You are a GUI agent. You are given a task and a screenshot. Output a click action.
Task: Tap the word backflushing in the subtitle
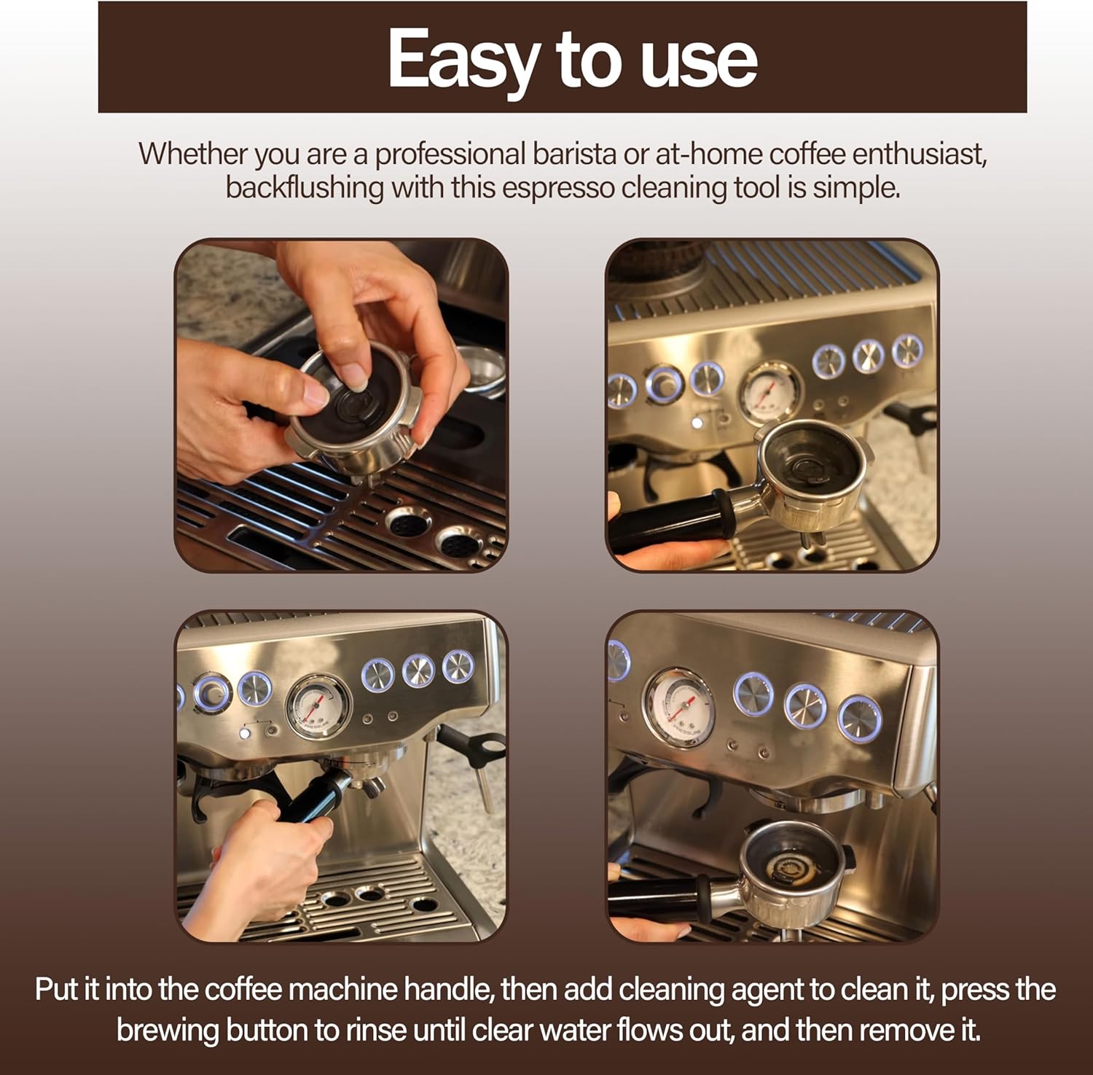tap(305, 187)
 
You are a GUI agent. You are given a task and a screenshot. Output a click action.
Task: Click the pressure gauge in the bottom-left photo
tap(318, 705)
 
